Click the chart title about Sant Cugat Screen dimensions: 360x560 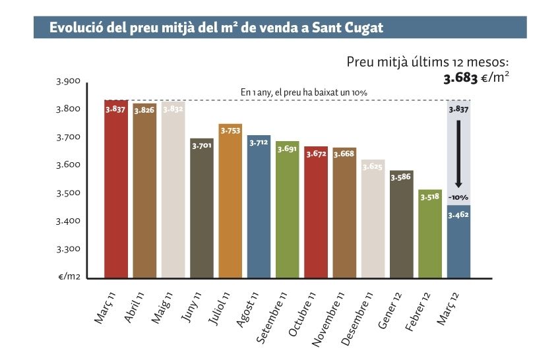pyautogui.click(x=216, y=28)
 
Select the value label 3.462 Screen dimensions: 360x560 pyautogui.click(x=458, y=215)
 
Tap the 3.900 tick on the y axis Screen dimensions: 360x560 pyautogui.click(x=67, y=82)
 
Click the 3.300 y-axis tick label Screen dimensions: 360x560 pyautogui.click(x=67, y=249)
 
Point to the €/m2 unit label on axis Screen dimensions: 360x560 pyautogui.click(x=69, y=277)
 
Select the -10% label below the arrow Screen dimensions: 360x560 pyautogui.click(x=458, y=198)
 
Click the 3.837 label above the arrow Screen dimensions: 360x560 pyautogui.click(x=458, y=110)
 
